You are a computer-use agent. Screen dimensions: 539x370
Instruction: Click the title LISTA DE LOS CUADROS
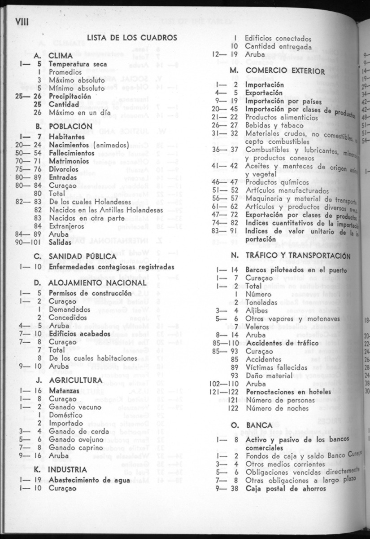[132, 38]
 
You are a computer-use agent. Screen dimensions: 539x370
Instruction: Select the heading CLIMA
[61, 56]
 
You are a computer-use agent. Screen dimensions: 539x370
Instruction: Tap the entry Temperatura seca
[78, 64]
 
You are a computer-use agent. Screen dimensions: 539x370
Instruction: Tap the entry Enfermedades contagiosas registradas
[111, 267]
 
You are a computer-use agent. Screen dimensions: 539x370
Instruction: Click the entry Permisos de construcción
[84, 293]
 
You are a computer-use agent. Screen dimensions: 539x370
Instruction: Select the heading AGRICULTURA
[75, 380]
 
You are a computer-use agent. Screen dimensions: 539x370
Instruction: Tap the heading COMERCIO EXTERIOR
[283, 71]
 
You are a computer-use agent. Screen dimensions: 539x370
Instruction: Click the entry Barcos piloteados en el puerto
[296, 270]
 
